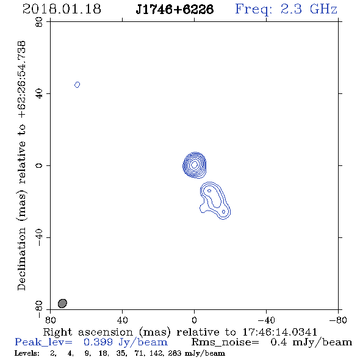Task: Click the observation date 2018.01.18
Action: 62,9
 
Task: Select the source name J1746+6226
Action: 175,9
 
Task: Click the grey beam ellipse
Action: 62,303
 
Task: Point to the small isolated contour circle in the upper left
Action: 77,85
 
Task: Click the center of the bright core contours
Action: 195,165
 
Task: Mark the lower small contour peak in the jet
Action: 223,212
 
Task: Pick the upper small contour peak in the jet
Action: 209,190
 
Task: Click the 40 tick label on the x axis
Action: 122,320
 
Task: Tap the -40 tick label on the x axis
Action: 266,320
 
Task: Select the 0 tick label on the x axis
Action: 194,320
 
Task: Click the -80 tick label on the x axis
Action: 338,320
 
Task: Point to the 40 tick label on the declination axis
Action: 39,94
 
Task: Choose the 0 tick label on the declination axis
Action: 39,165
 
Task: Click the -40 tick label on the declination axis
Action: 39,237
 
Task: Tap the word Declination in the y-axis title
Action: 21,259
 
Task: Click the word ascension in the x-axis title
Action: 106,332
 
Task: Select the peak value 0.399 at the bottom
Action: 98,342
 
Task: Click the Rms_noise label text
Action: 225,342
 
